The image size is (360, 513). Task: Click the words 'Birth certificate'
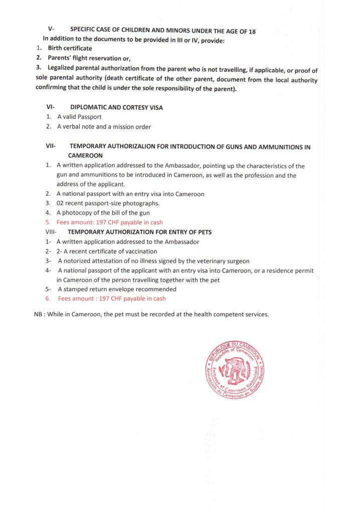[x=70, y=48]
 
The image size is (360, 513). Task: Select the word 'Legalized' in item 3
[x=65, y=68]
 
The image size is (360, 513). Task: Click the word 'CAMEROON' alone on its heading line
[x=85, y=156]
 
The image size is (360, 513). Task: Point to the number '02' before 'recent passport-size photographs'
[x=61, y=203]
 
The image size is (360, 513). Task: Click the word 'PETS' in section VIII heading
[x=204, y=232]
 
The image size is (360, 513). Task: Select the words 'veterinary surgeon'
[x=224, y=261]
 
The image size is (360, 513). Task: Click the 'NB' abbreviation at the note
[x=31, y=315]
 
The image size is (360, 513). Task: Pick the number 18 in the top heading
[x=252, y=31]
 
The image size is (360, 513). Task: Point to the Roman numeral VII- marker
[x=51, y=147]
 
